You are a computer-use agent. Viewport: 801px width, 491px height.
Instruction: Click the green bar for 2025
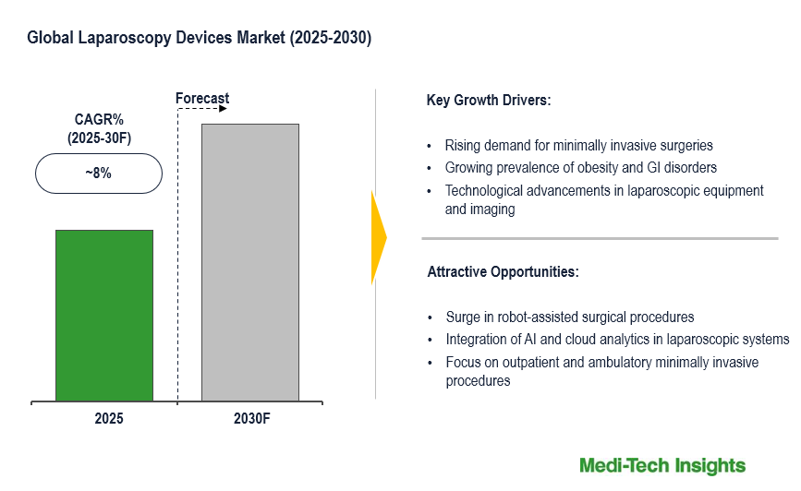(104, 315)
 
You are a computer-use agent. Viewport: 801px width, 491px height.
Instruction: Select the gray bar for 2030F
(249, 262)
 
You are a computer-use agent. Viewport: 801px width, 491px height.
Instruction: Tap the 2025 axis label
(108, 418)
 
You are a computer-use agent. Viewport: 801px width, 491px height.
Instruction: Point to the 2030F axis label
(252, 418)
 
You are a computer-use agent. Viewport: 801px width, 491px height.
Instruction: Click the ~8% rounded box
(99, 174)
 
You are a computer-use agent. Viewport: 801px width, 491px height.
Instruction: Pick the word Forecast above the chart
(202, 99)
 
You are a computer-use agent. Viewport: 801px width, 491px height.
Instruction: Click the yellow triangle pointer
(379, 238)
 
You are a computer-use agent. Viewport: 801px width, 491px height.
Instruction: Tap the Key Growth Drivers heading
(489, 100)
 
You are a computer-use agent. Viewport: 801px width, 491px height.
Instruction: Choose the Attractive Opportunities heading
(503, 272)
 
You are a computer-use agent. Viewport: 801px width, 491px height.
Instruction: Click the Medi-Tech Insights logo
(662, 465)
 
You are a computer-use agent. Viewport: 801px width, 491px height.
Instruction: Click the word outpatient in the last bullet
(519, 362)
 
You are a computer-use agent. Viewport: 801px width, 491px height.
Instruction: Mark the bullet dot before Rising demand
(430, 146)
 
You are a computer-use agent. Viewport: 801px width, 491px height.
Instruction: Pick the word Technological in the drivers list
(485, 191)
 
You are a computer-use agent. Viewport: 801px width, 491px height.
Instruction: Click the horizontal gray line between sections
(600, 238)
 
